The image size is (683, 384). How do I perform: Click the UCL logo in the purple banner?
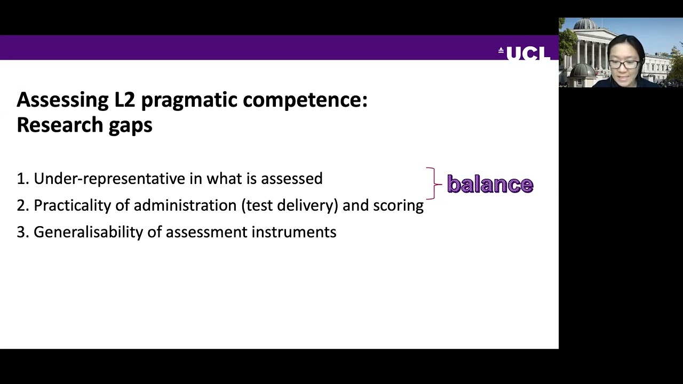[525, 53]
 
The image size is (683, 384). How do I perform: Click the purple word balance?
[490, 184]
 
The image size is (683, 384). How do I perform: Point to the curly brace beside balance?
[433, 184]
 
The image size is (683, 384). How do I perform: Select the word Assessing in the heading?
[63, 100]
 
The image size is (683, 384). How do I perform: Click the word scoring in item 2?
[398, 205]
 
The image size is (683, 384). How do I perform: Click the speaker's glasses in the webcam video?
[624, 65]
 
